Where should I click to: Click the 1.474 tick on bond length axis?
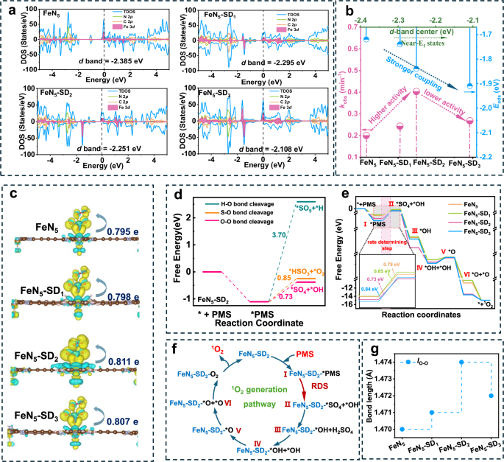382,362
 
